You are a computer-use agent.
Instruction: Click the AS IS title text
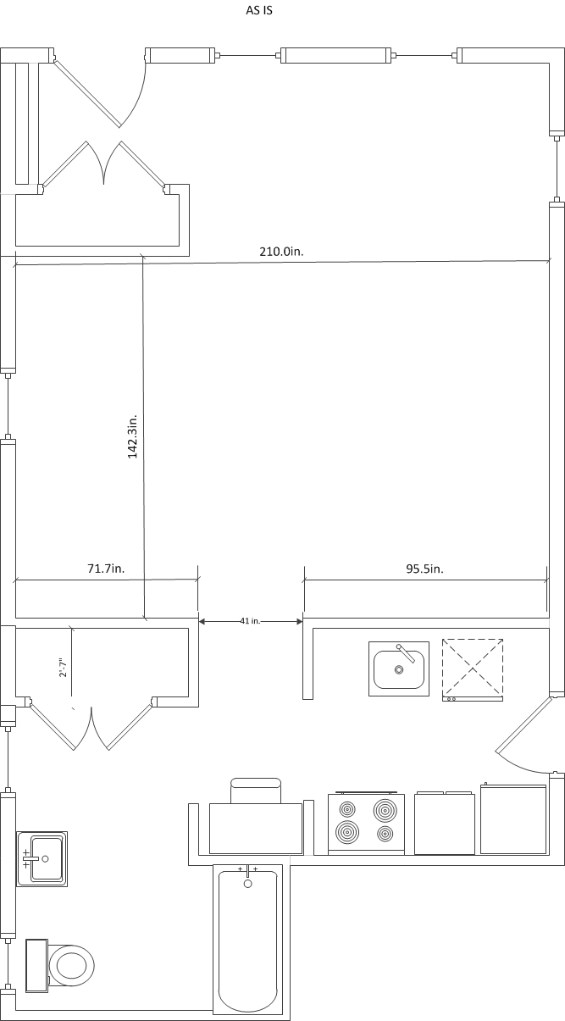259,10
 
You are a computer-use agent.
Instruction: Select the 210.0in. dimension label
281,251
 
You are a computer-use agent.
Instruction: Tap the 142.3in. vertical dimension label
132,436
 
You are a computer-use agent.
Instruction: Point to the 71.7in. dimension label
106,569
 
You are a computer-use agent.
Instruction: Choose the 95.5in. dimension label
424,569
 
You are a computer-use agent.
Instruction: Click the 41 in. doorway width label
250,621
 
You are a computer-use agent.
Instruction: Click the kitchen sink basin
399,669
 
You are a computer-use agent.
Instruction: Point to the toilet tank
37,965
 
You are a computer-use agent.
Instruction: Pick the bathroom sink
42,859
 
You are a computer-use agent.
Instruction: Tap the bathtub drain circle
248,885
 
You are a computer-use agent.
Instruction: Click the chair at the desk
256,791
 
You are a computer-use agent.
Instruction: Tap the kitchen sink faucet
406,653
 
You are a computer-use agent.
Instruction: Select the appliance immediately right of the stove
444,823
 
